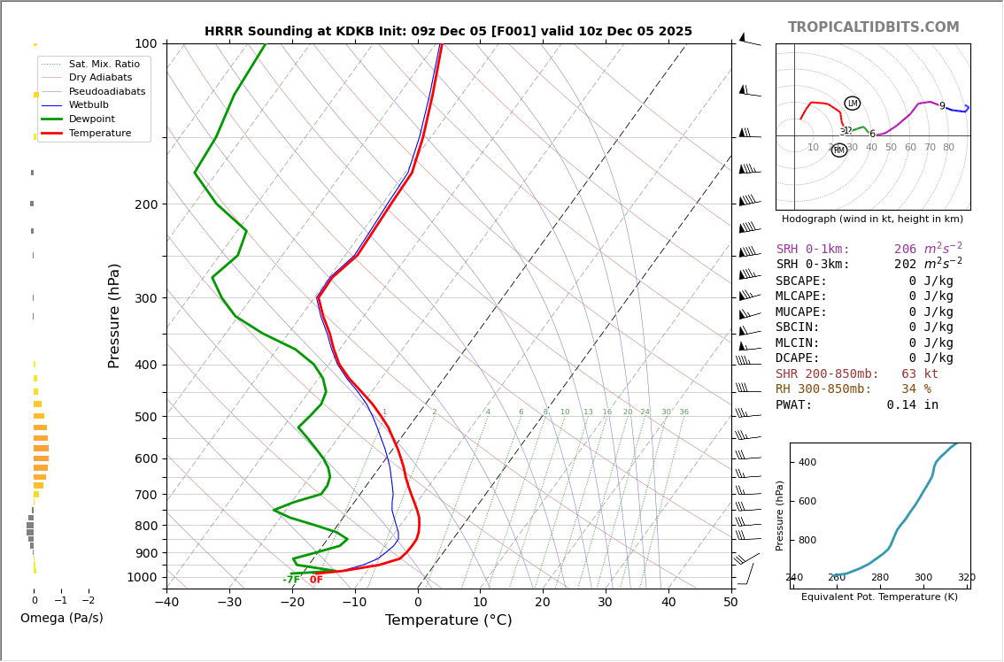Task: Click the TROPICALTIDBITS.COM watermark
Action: [873, 27]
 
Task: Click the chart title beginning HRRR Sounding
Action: [448, 32]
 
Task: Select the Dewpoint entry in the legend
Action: [92, 119]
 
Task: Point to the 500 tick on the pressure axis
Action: [145, 417]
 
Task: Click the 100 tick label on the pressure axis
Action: [145, 43]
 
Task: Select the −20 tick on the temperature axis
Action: [292, 603]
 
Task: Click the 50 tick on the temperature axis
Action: [730, 603]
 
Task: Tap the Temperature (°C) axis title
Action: [448, 621]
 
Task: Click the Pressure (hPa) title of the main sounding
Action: [114, 315]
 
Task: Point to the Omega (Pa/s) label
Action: [61, 619]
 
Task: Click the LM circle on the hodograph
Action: [853, 104]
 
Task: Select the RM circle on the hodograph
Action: [839, 150]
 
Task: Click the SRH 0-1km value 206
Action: [907, 250]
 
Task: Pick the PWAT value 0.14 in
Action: [912, 405]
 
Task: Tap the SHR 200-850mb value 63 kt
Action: [919, 374]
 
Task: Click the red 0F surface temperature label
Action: [316, 580]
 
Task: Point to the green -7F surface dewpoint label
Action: [290, 580]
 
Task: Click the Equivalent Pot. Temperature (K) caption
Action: [879, 597]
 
